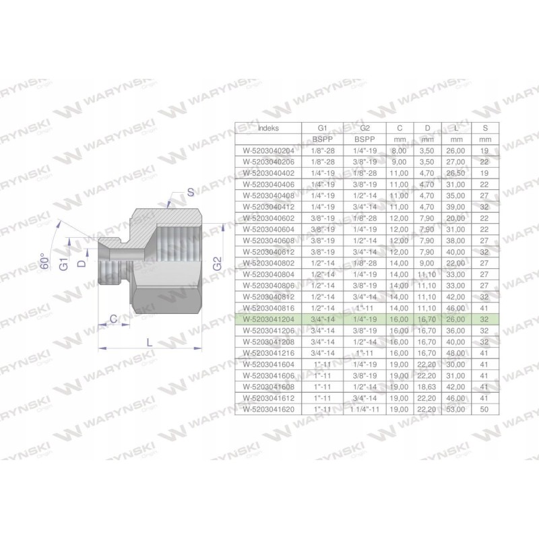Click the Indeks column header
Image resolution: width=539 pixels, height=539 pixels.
coord(267,127)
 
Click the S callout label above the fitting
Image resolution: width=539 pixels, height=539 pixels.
coord(191,193)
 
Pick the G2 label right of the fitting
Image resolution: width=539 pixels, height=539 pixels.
coord(218,264)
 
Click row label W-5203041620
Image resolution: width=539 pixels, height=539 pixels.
coord(267,408)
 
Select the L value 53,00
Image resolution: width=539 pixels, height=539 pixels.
coord(455,408)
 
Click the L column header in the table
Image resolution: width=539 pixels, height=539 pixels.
coord(455,127)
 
